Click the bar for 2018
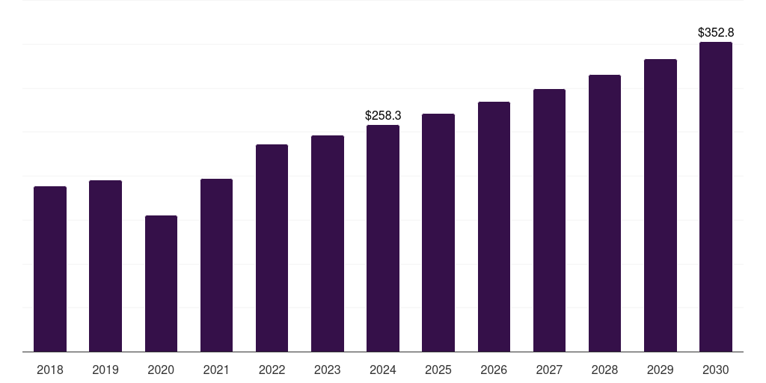tap(50, 269)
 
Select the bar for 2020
tap(161, 284)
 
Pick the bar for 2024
tap(383, 239)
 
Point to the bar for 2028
tap(604, 213)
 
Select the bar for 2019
tap(105, 266)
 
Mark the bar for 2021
tap(216, 266)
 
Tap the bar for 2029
tap(661, 206)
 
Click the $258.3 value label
tap(383, 116)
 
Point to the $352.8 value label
tap(716, 33)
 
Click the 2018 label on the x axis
tap(50, 370)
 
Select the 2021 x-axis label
tap(216, 370)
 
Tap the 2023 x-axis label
tap(328, 370)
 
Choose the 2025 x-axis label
tap(438, 370)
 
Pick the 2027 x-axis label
tap(549, 370)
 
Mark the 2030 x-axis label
tap(716, 370)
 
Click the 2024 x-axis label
tap(383, 370)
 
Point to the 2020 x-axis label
tap(161, 370)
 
